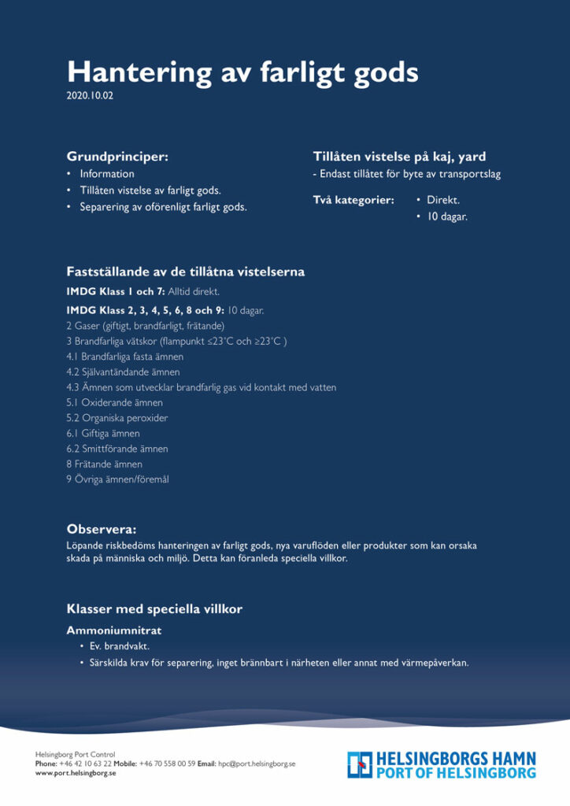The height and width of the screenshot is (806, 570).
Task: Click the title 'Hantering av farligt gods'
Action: coord(242,72)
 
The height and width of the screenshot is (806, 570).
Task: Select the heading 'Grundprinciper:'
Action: coord(117,157)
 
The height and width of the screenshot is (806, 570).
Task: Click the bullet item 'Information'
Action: coord(107,174)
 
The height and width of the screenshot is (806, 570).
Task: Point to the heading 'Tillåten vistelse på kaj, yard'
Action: coord(399,157)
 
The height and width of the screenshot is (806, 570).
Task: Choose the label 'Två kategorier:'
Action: coord(353,201)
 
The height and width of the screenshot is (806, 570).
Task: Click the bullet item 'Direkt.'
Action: coord(443,201)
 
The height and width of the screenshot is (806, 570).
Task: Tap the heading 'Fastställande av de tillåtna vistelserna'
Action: coord(185,272)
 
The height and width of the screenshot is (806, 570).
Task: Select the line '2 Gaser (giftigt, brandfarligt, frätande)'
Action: coord(146,326)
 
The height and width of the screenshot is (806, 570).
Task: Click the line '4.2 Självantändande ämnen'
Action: coord(123,372)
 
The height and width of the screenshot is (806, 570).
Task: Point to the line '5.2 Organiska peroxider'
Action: coord(117,418)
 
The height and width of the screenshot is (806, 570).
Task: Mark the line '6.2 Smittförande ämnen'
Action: coord(117,449)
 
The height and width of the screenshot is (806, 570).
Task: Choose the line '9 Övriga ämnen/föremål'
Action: coord(117,479)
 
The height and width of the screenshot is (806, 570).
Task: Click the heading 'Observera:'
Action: coord(102,529)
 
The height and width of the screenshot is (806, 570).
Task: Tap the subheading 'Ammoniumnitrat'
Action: coord(114,630)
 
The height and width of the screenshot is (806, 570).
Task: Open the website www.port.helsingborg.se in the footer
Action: coord(76,774)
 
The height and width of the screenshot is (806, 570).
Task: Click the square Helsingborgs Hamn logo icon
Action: coord(360,764)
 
